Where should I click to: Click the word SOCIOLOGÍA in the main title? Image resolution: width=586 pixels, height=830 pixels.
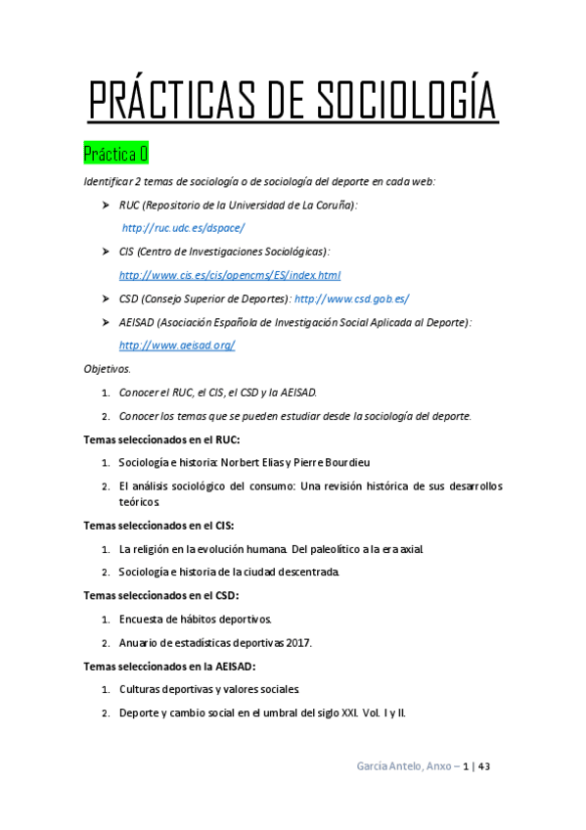[x=408, y=102]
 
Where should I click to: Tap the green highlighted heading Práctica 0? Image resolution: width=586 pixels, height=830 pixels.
[x=115, y=155]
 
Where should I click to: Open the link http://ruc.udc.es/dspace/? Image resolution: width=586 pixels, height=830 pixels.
[x=183, y=228]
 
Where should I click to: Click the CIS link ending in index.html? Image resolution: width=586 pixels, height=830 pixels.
[x=229, y=275]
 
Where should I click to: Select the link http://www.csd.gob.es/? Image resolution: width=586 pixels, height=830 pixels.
[x=352, y=299]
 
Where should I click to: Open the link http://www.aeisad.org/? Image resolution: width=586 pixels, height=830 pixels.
[x=177, y=346]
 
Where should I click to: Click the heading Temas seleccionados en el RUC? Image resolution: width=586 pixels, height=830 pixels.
[x=161, y=439]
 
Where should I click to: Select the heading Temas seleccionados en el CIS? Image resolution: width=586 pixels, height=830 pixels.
[x=158, y=526]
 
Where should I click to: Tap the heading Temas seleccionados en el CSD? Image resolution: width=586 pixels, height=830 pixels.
[x=160, y=595]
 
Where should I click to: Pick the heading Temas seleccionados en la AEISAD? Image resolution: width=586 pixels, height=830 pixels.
[x=169, y=666]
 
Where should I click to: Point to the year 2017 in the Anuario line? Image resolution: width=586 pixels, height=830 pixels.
[x=298, y=642]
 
